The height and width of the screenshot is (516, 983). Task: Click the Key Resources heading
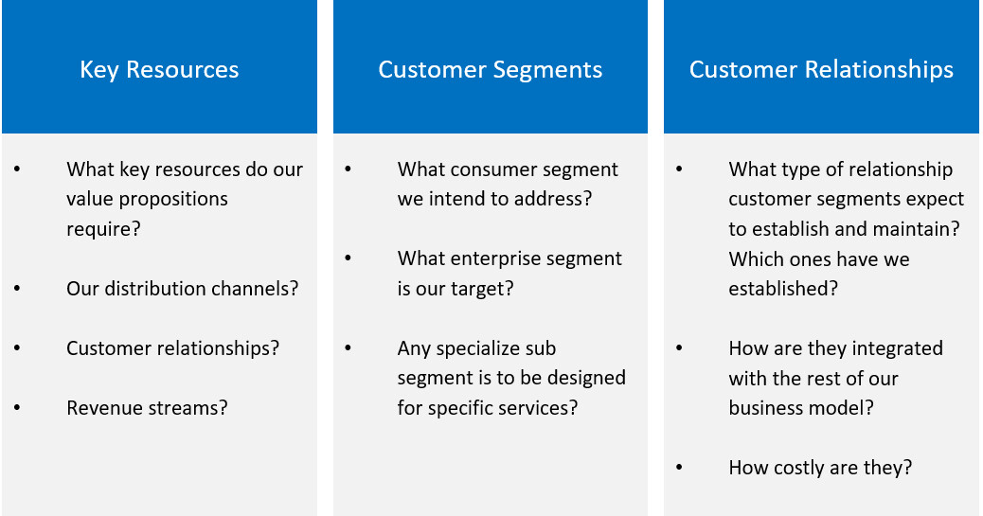(x=159, y=70)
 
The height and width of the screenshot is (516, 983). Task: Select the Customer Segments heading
(x=491, y=70)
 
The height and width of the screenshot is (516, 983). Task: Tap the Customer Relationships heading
(x=821, y=70)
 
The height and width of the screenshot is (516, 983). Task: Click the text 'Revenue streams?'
(x=148, y=408)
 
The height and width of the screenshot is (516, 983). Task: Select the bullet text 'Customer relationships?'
(x=172, y=348)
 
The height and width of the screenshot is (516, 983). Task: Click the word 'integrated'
(x=895, y=348)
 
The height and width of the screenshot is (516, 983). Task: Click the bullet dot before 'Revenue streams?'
(x=18, y=408)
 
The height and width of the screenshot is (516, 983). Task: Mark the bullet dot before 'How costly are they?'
(x=680, y=468)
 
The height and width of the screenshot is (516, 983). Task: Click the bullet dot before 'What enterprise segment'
(x=349, y=259)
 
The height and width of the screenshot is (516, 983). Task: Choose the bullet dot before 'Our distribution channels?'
(x=18, y=289)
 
